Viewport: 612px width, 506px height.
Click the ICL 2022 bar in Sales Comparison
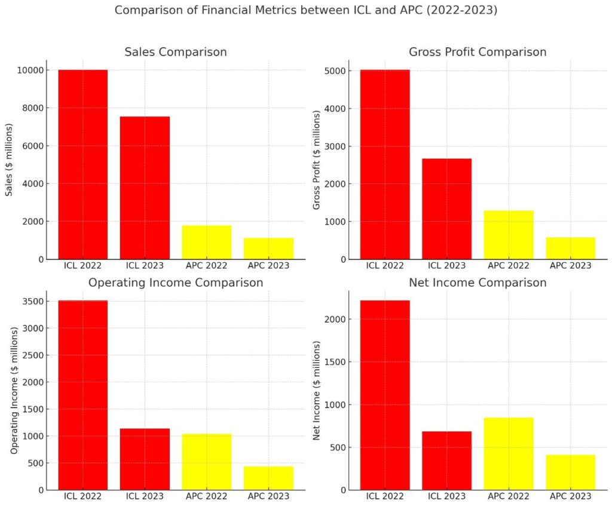point(82,164)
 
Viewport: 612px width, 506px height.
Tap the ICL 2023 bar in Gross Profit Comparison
point(446,208)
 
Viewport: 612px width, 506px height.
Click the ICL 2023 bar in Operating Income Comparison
point(145,459)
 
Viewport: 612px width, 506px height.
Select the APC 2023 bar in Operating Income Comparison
point(268,478)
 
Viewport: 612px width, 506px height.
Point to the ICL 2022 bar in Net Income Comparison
point(384,395)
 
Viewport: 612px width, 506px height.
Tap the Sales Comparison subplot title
point(176,53)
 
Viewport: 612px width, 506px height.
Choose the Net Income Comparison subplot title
point(477,283)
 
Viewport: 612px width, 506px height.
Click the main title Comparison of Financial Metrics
point(305,10)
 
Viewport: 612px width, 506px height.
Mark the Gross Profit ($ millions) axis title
point(317,160)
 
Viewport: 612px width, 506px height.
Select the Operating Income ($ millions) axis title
point(14,391)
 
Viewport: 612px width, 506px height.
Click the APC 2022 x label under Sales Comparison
point(206,265)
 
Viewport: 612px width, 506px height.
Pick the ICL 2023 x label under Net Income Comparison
point(446,496)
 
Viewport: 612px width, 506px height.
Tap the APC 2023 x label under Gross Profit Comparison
point(570,265)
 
